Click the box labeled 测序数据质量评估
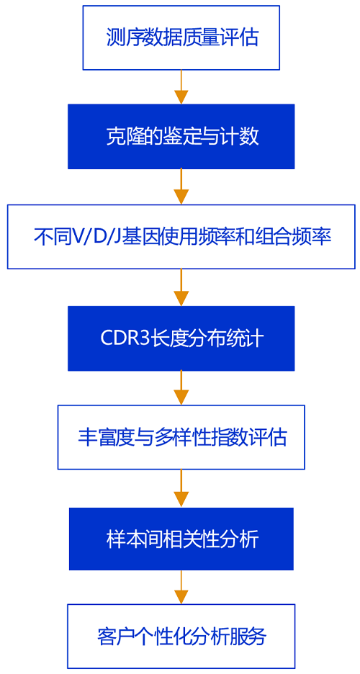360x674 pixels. pyautogui.click(x=181, y=37)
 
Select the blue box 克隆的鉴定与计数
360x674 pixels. pyautogui.click(x=181, y=137)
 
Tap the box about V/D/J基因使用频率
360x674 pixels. pyautogui.click(x=181, y=237)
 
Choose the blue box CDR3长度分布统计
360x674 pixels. pyautogui.click(x=181, y=338)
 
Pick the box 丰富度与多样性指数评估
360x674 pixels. pyautogui.click(x=181, y=437)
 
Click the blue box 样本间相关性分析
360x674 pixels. pyautogui.click(x=181, y=539)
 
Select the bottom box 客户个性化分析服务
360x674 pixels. pyautogui.click(x=181, y=636)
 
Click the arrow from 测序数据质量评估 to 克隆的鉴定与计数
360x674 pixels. pyautogui.click(x=181, y=87)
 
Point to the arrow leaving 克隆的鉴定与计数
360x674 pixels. pyautogui.click(x=181, y=187)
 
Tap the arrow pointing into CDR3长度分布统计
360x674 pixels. pyautogui.click(x=181, y=287)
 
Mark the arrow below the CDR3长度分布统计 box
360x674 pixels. pyautogui.click(x=181, y=387)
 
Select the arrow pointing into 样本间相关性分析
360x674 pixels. pyautogui.click(x=181, y=488)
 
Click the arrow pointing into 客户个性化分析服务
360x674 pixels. pyautogui.click(x=181, y=587)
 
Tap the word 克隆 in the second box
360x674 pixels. pyautogui.click(x=121, y=137)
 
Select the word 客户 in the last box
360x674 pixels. pyautogui.click(x=114, y=637)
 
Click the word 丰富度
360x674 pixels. pyautogui.click(x=102, y=438)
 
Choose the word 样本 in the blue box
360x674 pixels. pyautogui.click(x=122, y=539)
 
